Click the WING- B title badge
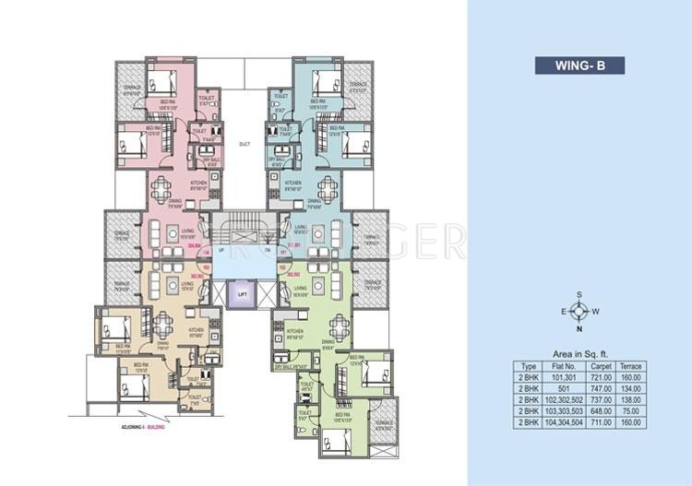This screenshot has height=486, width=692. click(x=579, y=65)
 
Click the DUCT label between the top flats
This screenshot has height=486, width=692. click(x=244, y=144)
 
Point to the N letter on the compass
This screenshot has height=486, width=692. click(x=579, y=328)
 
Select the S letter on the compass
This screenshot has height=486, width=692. click(x=579, y=294)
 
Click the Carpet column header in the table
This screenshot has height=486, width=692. click(x=603, y=366)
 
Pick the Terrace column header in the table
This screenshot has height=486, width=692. click(x=632, y=366)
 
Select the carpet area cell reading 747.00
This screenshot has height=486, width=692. click(x=603, y=387)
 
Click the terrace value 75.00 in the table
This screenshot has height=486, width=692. click(x=632, y=410)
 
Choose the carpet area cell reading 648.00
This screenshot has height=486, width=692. click(x=603, y=410)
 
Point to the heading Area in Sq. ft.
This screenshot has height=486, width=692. click(x=579, y=352)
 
